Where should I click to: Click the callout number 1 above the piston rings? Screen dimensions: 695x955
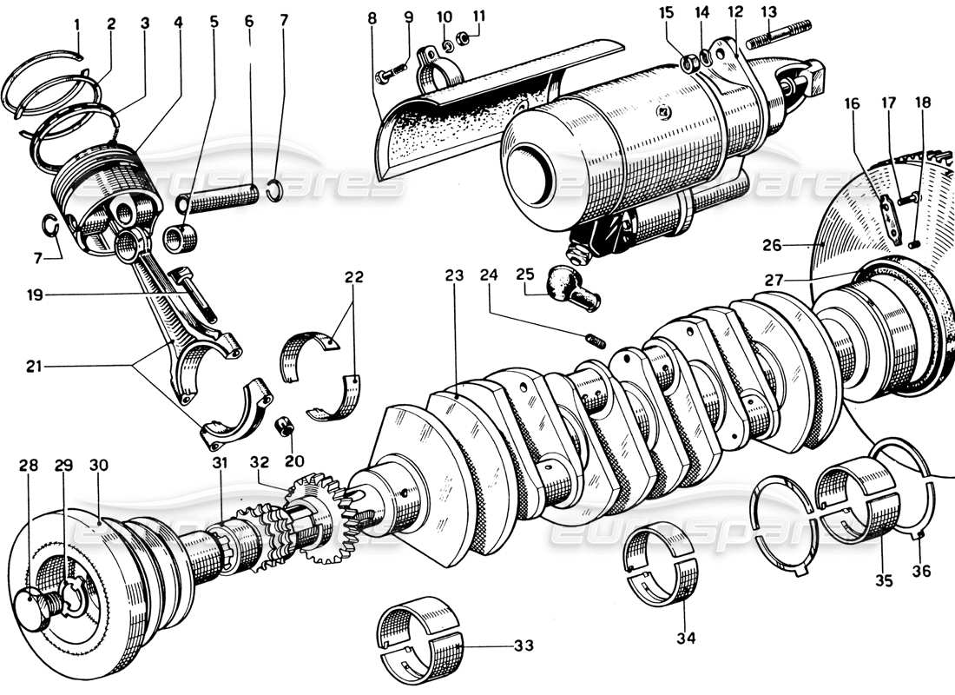[76, 25]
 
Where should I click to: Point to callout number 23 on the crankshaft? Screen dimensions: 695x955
[453, 276]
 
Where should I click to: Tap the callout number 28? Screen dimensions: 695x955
[29, 465]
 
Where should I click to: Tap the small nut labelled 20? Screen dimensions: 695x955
[282, 427]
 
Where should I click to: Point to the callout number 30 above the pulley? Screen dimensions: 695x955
[99, 465]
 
